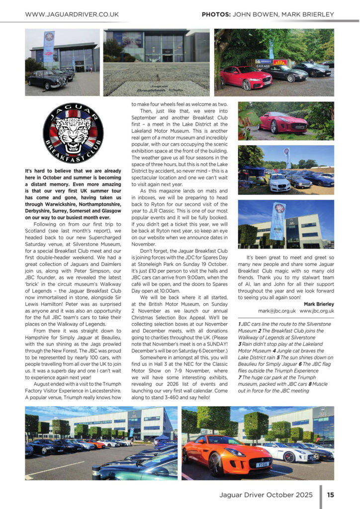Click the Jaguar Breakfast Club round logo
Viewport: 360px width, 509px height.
[x=73, y=133]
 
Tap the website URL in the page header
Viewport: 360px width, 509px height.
[x=72, y=14]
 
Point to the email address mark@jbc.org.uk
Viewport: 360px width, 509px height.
[x=277, y=311]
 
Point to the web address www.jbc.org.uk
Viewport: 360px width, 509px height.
[x=317, y=311]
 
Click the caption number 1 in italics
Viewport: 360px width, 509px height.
[x=240, y=323]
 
